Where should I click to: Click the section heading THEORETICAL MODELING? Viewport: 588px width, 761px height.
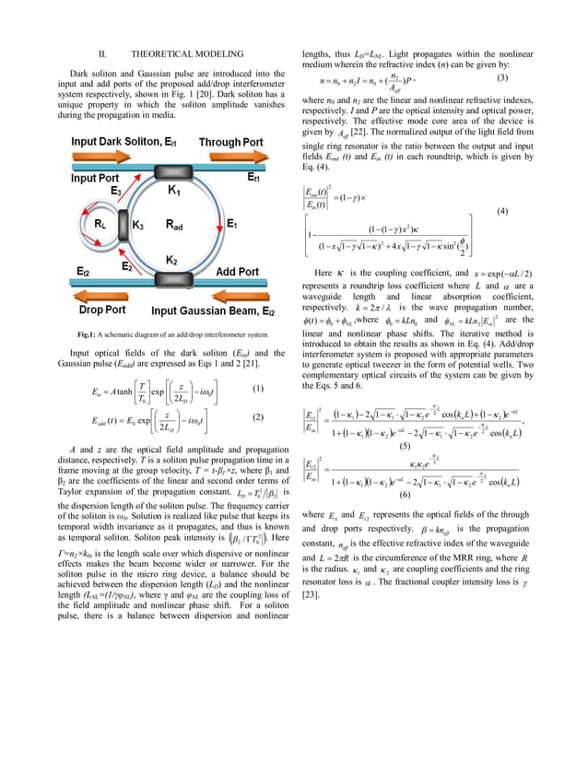[171, 55]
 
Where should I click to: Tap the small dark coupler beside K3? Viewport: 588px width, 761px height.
[123, 224]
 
